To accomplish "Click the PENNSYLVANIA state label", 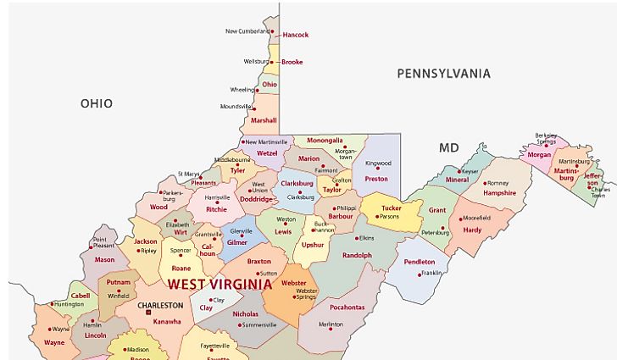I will click(x=443, y=74).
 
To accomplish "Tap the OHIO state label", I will click(x=97, y=103).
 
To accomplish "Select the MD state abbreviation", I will click(x=448, y=148).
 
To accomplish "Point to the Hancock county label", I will click(x=295, y=35).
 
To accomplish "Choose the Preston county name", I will click(x=375, y=179).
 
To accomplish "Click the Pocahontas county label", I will click(x=347, y=307).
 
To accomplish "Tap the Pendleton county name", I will click(x=420, y=262).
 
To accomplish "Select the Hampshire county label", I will click(x=499, y=193).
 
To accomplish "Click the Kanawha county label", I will click(x=167, y=321).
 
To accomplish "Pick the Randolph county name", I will click(x=357, y=255).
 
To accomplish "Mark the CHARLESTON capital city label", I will click(x=160, y=305).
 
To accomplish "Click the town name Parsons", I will click(x=389, y=217).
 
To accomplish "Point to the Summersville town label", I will click(x=259, y=324).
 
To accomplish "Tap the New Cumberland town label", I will click(x=247, y=31).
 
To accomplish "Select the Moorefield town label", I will click(x=477, y=218).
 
